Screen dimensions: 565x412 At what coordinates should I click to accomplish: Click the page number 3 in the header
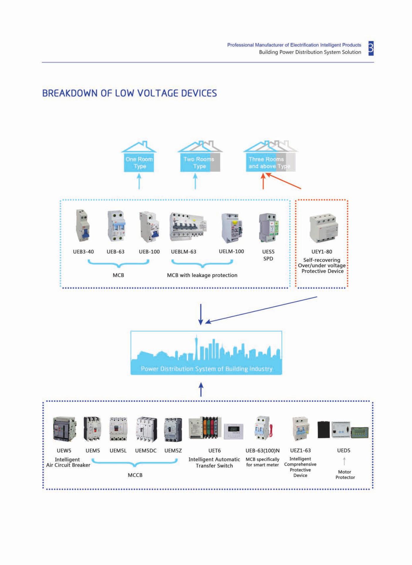(371, 48)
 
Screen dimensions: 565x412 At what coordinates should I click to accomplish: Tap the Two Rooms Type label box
(199, 163)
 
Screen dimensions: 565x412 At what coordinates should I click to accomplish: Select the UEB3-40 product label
(83, 252)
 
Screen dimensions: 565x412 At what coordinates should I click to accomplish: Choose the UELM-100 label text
(231, 251)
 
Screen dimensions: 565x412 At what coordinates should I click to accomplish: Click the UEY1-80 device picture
(323, 228)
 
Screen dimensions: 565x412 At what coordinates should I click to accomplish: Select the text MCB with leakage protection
(202, 275)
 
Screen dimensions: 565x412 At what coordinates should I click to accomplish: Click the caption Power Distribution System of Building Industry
(206, 369)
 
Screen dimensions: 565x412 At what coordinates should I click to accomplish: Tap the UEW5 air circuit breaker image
(64, 429)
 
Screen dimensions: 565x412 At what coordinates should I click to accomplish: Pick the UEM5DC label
(146, 451)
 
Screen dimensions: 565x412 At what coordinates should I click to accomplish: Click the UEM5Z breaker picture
(173, 430)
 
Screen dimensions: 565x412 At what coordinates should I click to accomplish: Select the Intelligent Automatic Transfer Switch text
(214, 462)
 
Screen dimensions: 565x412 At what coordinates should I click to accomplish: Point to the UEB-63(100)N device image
(263, 429)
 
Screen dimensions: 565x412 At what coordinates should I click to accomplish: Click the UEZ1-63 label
(300, 450)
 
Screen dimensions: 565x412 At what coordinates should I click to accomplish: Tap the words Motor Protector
(345, 474)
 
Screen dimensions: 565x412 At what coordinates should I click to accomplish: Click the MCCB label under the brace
(135, 475)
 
